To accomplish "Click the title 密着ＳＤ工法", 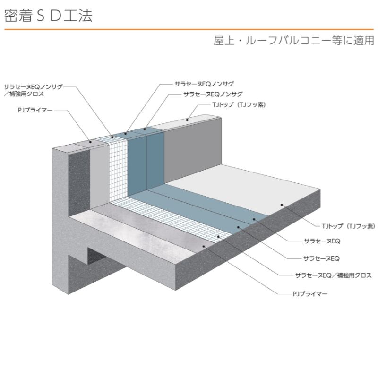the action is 48,16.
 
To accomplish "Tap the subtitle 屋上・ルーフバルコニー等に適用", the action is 294,40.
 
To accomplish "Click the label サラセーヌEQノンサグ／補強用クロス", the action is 33,90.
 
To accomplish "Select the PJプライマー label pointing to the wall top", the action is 35,110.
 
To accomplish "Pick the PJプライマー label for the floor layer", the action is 310,294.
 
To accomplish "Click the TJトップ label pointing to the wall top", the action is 239,105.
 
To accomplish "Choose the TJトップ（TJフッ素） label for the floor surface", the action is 348,226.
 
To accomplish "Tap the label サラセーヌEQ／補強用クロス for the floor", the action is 334,275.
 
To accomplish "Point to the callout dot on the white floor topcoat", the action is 282,205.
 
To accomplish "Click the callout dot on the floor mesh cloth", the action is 218,237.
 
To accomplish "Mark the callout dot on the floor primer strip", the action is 204,246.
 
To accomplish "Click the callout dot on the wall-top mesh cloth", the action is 112,137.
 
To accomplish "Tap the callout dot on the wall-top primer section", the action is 90,142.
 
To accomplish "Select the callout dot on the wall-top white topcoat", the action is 187,120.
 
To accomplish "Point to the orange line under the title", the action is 189,29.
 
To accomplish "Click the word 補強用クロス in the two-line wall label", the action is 26,94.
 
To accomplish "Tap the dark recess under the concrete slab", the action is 96,256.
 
